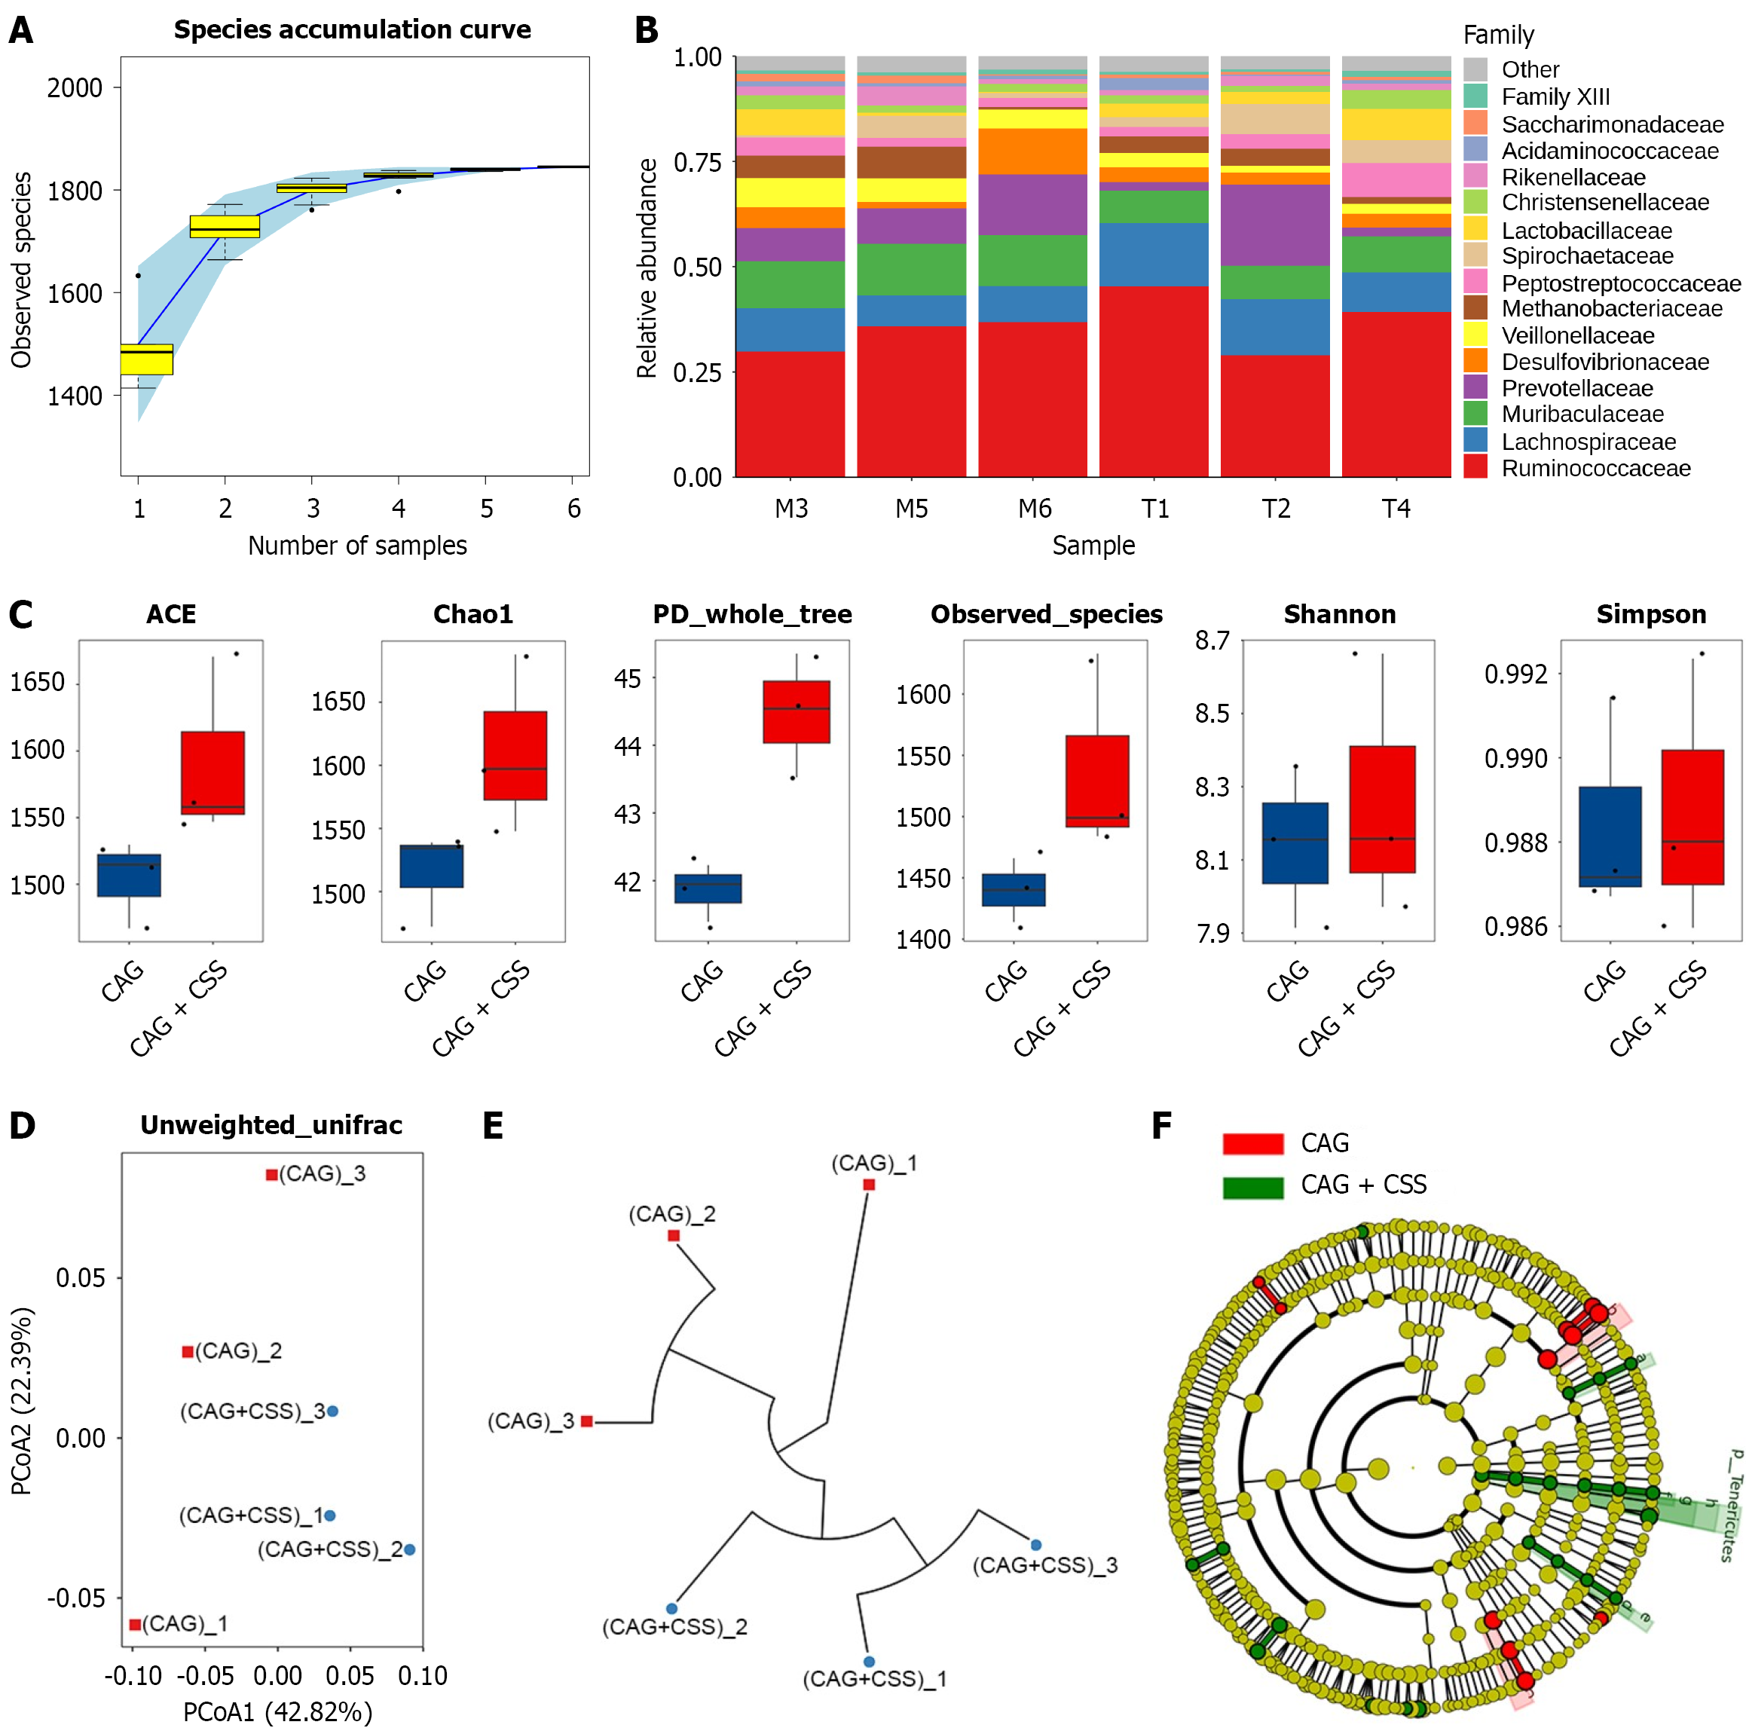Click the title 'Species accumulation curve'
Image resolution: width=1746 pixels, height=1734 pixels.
[x=352, y=30]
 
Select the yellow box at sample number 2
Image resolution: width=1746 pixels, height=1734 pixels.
[x=225, y=226]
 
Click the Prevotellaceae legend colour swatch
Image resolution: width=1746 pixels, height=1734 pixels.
[x=1475, y=387]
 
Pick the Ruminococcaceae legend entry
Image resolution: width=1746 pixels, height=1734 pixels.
[x=1595, y=468]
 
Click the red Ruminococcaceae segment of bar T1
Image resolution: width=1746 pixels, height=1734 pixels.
[x=1153, y=381]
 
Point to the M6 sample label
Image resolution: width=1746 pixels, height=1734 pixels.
[x=1034, y=509]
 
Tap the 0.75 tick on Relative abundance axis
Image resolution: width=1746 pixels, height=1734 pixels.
[x=697, y=163]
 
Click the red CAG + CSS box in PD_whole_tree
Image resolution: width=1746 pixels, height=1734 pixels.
[x=797, y=712]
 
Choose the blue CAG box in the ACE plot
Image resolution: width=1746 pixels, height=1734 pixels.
[x=129, y=875]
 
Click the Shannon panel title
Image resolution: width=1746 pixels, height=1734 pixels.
[x=1339, y=614]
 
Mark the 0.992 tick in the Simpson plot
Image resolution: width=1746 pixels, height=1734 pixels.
[x=1515, y=674]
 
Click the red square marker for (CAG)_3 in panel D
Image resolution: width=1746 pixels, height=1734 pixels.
[x=271, y=1175]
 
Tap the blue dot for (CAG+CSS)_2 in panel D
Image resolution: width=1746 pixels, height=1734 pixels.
[x=409, y=1549]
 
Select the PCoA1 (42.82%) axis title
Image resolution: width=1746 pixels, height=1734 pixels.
[x=277, y=1711]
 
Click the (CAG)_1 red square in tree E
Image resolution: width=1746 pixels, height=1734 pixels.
[x=869, y=1185]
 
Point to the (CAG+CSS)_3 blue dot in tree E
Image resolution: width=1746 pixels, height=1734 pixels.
[x=1035, y=1545]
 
